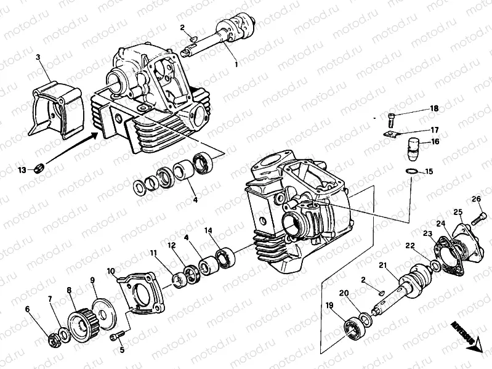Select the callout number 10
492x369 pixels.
click(x=111, y=271)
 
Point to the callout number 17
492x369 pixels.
click(x=434, y=130)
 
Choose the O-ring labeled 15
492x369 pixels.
click(x=411, y=171)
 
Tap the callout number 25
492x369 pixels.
click(x=458, y=213)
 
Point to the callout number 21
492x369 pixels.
click(x=382, y=266)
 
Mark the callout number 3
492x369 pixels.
click(x=38, y=57)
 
